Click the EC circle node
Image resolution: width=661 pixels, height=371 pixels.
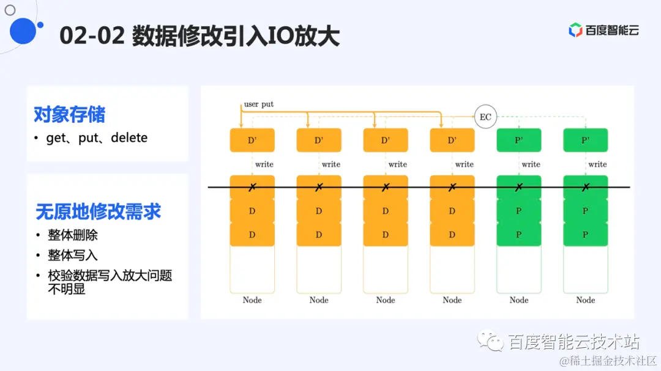[485, 117]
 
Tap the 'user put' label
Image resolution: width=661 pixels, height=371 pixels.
[258, 104]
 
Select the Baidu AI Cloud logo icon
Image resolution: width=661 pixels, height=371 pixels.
[575, 30]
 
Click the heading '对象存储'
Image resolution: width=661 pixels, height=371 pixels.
[69, 114]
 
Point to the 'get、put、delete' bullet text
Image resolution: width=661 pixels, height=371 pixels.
[97, 138]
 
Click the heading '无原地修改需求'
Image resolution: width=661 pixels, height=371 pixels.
[99, 211]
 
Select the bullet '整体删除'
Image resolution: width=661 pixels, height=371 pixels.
[73, 235]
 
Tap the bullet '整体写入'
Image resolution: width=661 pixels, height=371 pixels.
[73, 255]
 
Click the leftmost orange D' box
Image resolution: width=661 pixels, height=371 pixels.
[252, 140]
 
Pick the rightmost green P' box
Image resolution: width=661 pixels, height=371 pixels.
[585, 140]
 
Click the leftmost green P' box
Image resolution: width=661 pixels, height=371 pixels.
[518, 140]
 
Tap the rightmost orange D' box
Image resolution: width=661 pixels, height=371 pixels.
[452, 140]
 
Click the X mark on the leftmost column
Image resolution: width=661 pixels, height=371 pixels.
[252, 187]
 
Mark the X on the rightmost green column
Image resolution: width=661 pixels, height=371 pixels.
[585, 187]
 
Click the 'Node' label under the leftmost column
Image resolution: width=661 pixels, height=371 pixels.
[252, 299]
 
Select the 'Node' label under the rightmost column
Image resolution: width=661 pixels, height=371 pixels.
[585, 299]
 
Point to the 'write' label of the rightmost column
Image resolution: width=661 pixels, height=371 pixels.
[597, 164]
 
